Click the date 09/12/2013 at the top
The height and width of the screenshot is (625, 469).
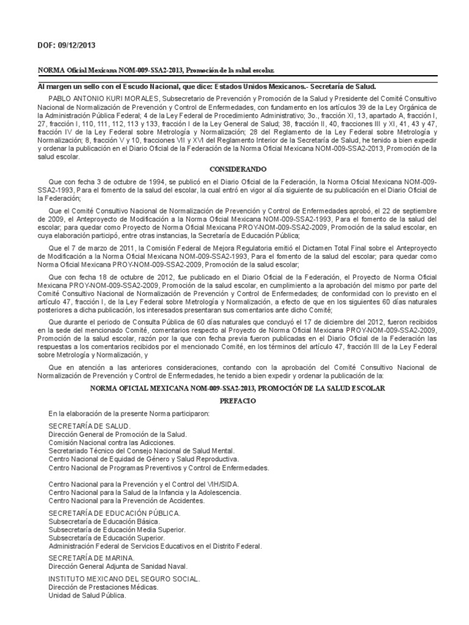(76, 45)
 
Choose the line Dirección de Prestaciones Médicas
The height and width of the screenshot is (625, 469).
(103, 587)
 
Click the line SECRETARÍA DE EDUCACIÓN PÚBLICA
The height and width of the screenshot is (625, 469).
(114, 513)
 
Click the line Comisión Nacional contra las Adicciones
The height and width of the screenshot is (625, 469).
(111, 442)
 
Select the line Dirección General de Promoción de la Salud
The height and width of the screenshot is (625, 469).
(117, 434)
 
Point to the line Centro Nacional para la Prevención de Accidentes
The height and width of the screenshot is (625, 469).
(126, 500)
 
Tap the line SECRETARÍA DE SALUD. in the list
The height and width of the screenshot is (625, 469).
(89, 425)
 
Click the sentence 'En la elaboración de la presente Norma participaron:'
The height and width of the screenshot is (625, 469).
(129, 413)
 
